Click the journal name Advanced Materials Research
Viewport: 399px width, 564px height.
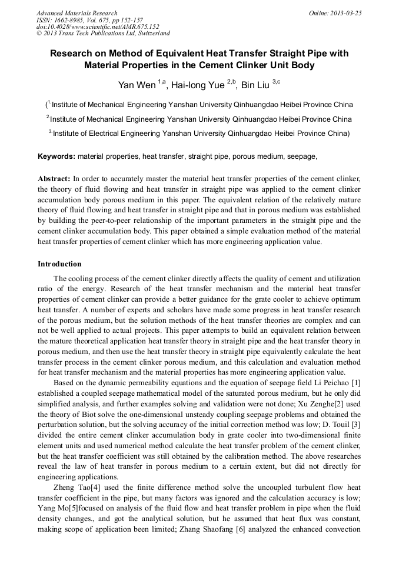(77, 12)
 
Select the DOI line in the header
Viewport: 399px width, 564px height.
(98, 26)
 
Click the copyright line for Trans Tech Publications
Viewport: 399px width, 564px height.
(103, 34)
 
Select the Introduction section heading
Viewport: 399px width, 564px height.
(59, 264)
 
